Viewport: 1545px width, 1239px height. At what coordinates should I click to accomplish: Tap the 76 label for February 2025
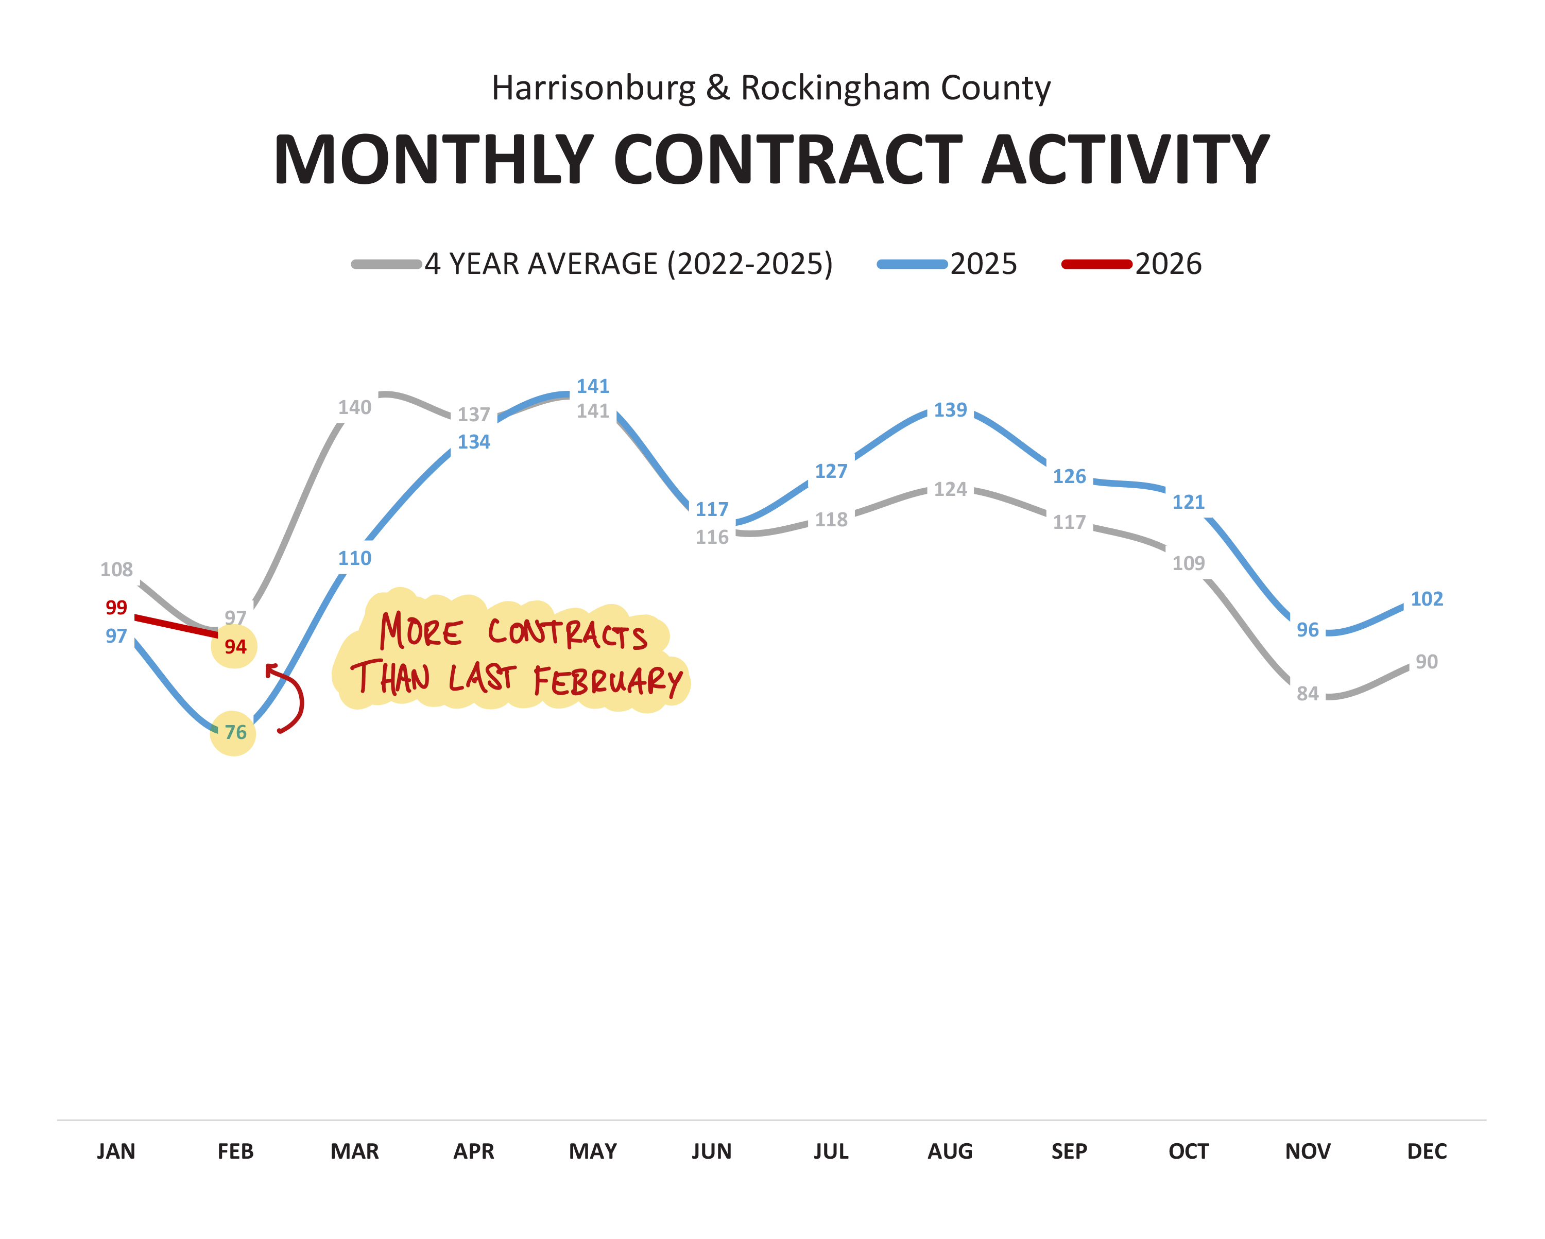(235, 732)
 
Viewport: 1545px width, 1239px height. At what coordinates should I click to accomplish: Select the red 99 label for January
(116, 608)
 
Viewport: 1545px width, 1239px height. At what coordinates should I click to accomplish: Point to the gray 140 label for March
(355, 408)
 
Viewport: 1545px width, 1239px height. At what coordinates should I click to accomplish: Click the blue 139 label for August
(950, 410)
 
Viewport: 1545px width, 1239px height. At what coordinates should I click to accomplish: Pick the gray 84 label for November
(1307, 694)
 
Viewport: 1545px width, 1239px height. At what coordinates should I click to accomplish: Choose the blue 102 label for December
(1426, 599)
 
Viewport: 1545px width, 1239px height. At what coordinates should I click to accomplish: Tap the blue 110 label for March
(355, 558)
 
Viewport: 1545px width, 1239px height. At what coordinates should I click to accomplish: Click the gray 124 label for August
(950, 489)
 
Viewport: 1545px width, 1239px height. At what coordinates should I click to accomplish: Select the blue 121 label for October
(1188, 502)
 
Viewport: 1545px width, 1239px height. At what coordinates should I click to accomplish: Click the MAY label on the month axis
(593, 1151)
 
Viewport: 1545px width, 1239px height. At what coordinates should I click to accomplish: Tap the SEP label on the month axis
(1069, 1151)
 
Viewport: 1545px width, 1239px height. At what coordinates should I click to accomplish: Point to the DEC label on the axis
(1426, 1151)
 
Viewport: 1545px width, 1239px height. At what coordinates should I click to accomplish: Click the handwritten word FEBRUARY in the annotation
(608, 680)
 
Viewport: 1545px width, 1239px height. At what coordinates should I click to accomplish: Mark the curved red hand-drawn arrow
(293, 699)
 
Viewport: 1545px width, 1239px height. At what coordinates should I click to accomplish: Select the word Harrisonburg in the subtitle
(593, 88)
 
